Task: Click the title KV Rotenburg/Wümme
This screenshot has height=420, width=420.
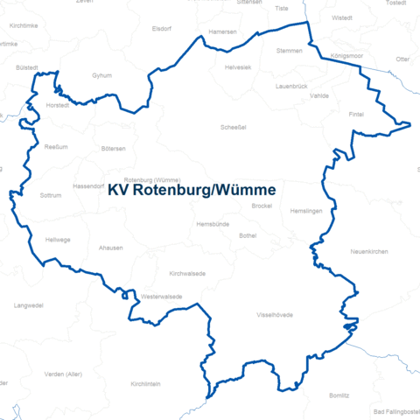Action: (x=192, y=190)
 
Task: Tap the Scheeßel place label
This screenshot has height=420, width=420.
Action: (x=233, y=127)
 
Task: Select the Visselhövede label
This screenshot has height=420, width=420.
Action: (x=274, y=314)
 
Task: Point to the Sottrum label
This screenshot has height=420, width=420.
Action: (x=52, y=195)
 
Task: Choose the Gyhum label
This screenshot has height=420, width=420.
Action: (x=101, y=76)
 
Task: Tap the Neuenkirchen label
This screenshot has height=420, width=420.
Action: (x=368, y=251)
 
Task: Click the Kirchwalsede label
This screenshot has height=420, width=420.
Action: (x=187, y=274)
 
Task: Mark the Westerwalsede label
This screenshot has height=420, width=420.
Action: (x=161, y=297)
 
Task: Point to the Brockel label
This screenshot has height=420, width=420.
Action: (x=262, y=206)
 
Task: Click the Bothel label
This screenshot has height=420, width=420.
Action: (x=248, y=235)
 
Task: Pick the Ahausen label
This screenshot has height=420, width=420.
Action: (x=111, y=248)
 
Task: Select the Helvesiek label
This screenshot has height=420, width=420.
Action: (x=237, y=67)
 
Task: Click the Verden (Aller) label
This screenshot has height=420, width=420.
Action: (x=62, y=374)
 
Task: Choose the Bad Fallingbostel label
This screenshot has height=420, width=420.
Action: (x=395, y=411)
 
